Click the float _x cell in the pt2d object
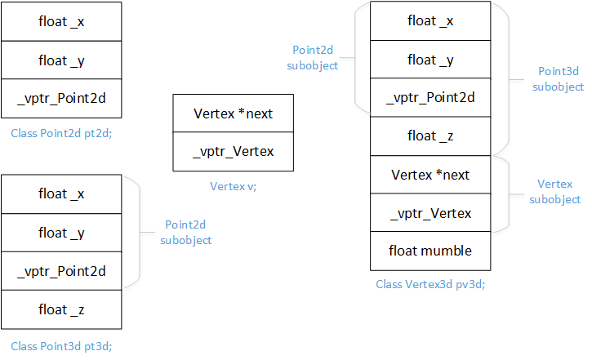(x=62, y=21)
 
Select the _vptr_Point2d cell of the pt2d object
(x=62, y=99)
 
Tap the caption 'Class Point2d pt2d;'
(x=61, y=131)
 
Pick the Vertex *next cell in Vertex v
(x=234, y=113)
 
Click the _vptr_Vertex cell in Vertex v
(x=234, y=151)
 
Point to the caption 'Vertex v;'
(x=234, y=186)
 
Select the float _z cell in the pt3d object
(x=62, y=309)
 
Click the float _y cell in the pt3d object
(x=62, y=233)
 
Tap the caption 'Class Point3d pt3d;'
(x=61, y=345)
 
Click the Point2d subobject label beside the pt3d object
(x=186, y=232)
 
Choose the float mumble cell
(x=431, y=251)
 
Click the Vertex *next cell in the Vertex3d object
(x=431, y=175)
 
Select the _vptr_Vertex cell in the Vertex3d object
(x=431, y=213)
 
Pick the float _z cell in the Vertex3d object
(x=431, y=136)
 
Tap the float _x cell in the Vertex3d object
(x=431, y=21)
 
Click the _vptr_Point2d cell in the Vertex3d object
(x=431, y=98)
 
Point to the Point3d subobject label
(x=561, y=79)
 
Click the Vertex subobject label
(x=554, y=192)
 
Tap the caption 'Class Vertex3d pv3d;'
(x=430, y=285)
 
